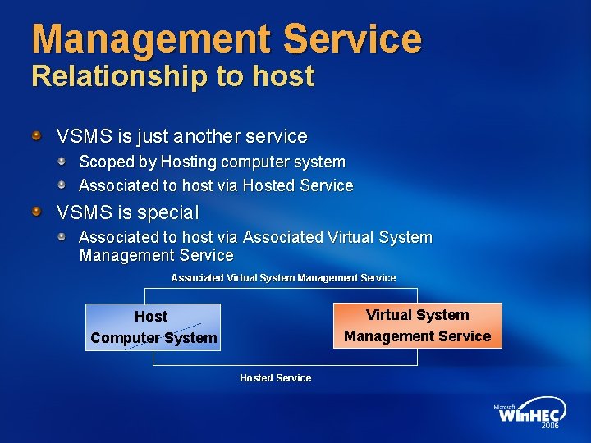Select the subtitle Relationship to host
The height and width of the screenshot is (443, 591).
pos(172,76)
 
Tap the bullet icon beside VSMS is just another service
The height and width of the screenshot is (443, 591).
pos(36,134)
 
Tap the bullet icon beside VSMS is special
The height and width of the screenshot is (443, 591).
pos(36,212)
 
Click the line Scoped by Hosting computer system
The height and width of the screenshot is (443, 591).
pos(212,162)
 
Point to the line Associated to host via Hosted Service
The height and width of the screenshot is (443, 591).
pos(216,185)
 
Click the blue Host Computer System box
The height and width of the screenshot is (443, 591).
pos(153,327)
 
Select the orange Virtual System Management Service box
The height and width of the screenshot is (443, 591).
pos(417,326)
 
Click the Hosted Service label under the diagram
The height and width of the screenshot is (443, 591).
pos(275,377)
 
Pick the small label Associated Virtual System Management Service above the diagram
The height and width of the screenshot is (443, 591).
pos(283,278)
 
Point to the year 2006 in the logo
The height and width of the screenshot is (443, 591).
pos(551,426)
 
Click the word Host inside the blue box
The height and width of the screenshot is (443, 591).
pos(151,316)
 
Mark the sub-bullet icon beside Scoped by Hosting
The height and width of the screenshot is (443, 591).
pos(62,161)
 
